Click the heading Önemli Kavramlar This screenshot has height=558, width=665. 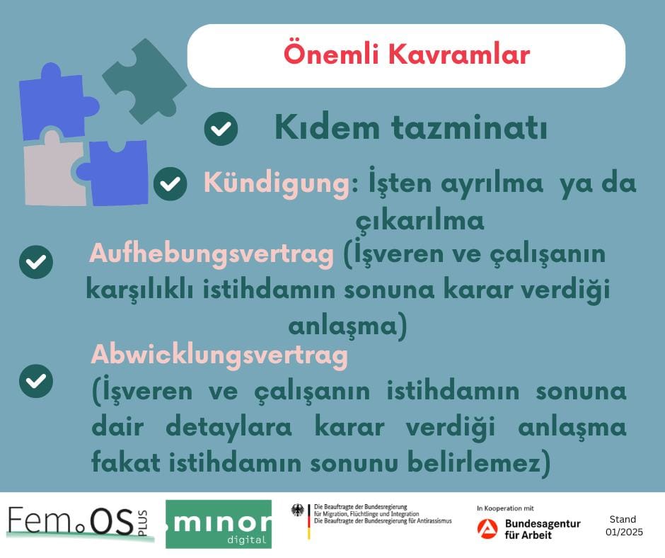(407, 55)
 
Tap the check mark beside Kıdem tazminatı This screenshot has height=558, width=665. (221, 129)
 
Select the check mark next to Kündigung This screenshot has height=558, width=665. (170, 183)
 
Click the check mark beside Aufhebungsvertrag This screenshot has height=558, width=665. (36, 262)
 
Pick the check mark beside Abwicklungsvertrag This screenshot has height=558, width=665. (36, 381)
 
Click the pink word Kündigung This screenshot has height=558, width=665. (277, 184)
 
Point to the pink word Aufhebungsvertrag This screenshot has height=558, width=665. (212, 254)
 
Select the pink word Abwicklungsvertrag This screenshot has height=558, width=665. (220, 355)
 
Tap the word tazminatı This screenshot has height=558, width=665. (469, 127)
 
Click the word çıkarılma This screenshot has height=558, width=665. (420, 221)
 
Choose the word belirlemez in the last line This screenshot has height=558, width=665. (474, 462)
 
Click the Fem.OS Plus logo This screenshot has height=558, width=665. (78, 523)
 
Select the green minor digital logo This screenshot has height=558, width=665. (219, 524)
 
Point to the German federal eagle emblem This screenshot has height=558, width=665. (298, 511)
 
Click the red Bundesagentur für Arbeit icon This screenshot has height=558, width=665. (487, 529)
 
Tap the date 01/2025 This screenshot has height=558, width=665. (624, 532)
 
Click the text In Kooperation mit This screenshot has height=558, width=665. (505, 508)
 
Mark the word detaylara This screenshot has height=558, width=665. (229, 427)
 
